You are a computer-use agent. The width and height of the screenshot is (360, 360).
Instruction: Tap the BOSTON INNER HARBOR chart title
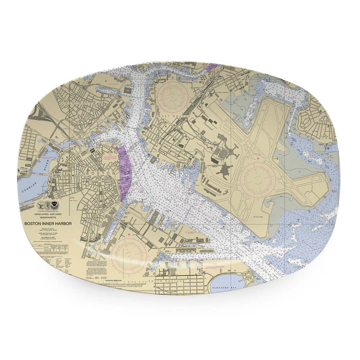pyautogui.click(x=48, y=224)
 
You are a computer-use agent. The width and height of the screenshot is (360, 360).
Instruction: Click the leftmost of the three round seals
pyautogui.click(x=40, y=206)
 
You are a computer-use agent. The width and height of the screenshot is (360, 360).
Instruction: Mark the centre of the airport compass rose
pyautogui.click(x=258, y=179)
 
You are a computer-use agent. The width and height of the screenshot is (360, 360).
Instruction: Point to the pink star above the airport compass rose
pyautogui.click(x=258, y=158)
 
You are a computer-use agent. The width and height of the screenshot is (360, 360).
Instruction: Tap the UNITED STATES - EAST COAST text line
pyautogui.click(x=48, y=214)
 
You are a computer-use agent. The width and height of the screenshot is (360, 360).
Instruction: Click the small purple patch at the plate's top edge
pyautogui.click(x=213, y=66)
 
